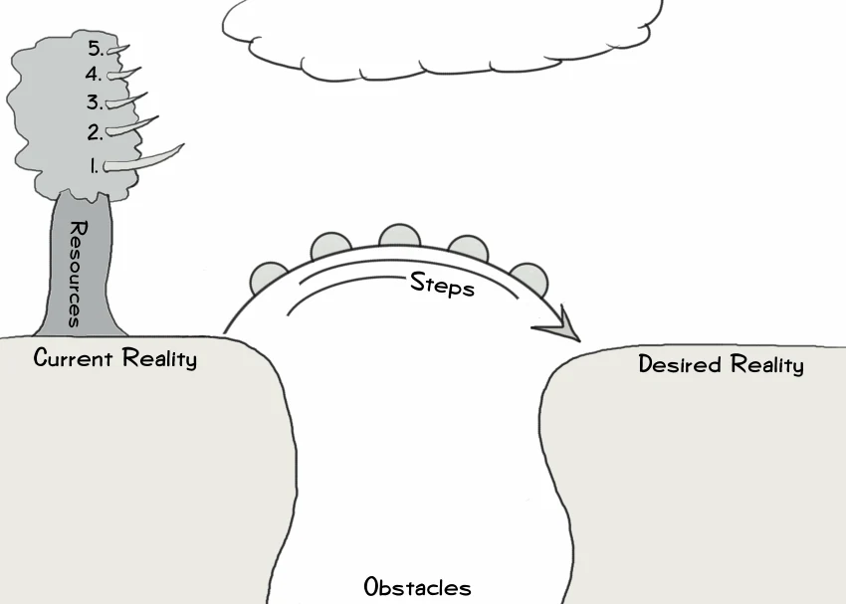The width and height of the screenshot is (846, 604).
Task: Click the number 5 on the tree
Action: [95, 48]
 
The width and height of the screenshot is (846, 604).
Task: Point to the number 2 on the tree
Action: [95, 130]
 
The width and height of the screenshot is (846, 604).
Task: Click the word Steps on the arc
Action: [442, 286]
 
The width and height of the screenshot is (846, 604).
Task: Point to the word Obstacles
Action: [417, 586]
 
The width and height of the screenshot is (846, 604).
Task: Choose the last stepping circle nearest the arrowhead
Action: [529, 278]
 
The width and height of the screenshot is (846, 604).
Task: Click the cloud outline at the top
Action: [443, 35]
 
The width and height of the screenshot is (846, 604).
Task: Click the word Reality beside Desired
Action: [766, 365]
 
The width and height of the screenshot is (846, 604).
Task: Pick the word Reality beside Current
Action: [159, 358]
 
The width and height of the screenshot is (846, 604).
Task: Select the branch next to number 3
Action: [129, 100]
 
